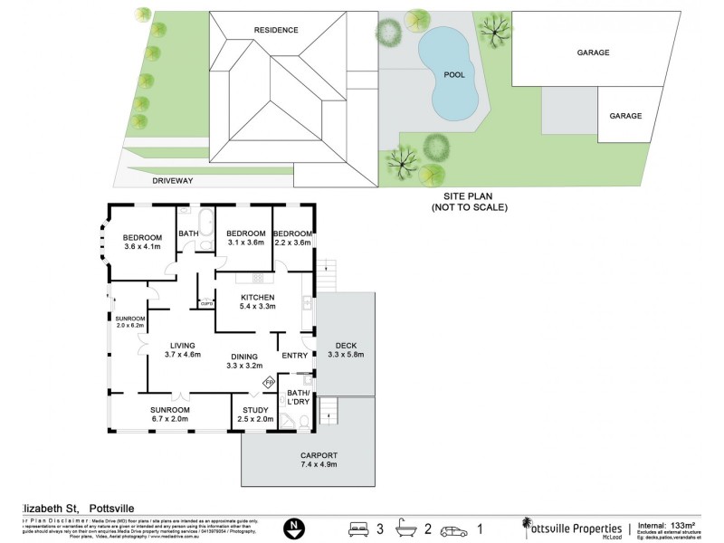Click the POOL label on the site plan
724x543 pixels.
point(454,75)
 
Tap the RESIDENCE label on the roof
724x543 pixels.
point(275,30)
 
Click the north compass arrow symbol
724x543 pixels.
point(291,527)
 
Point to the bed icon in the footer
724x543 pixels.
point(360,527)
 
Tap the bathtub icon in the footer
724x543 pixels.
point(408,527)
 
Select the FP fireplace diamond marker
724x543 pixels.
point(269,383)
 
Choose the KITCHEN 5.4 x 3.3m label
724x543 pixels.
point(257,302)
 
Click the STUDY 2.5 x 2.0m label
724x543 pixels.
point(256,415)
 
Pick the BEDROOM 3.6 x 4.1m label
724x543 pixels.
point(142,241)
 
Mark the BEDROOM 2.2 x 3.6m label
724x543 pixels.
point(292,238)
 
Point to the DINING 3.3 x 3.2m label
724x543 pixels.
point(244,361)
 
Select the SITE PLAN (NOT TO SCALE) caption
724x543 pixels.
point(469,202)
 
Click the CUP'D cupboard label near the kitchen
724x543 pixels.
point(206,303)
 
